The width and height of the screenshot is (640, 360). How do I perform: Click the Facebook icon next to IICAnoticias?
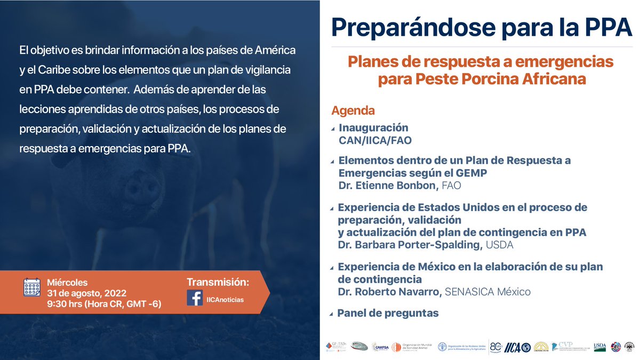(x=195, y=298)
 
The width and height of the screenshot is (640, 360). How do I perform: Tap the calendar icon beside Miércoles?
(x=32, y=287)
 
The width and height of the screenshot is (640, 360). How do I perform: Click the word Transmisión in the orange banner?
(x=218, y=282)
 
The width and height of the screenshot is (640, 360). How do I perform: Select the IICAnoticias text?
(x=225, y=300)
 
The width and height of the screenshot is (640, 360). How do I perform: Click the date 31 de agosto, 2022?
(x=87, y=293)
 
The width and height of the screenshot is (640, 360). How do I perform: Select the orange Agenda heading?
(x=353, y=111)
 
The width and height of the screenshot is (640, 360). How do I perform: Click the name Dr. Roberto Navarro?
(x=388, y=292)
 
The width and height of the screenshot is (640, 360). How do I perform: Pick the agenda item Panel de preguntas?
(x=388, y=313)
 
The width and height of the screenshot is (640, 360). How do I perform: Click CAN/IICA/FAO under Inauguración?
(x=375, y=140)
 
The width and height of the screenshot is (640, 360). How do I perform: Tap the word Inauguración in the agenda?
(x=373, y=128)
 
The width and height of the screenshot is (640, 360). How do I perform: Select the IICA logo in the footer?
(x=513, y=347)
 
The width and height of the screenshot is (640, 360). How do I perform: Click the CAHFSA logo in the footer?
(x=381, y=347)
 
